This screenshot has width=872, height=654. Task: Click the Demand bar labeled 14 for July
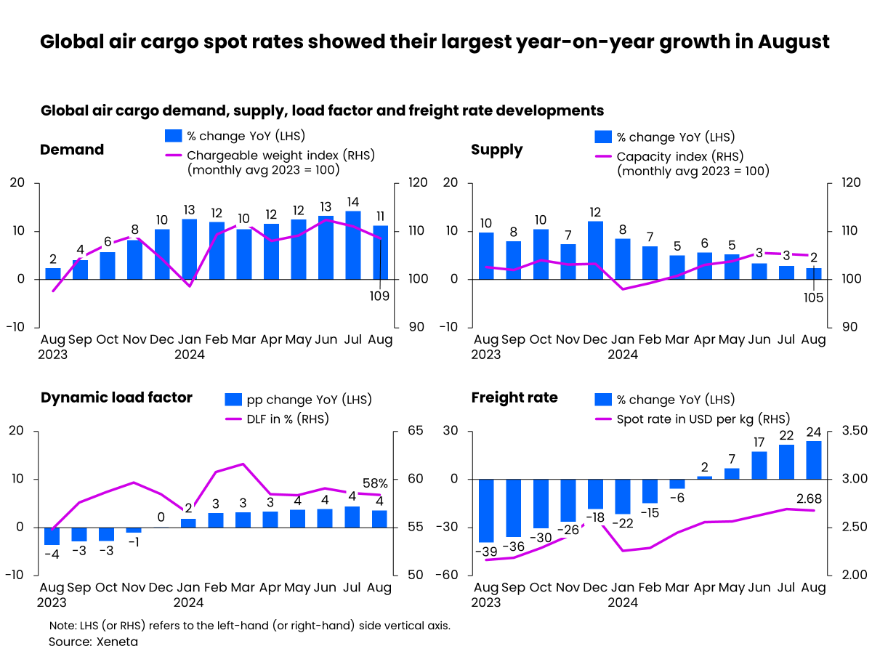point(352,245)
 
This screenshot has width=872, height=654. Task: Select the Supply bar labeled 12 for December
point(594,250)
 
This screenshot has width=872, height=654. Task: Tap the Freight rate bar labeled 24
point(813,460)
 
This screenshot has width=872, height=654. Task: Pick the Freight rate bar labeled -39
point(486,511)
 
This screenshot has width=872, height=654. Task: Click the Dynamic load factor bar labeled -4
point(52,536)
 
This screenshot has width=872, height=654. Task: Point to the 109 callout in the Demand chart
point(379,296)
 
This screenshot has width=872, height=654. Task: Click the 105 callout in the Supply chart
point(813,297)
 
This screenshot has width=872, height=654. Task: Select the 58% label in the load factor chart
point(375,483)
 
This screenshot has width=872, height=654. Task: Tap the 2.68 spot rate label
point(809,498)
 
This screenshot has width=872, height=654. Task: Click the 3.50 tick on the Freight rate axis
point(854,430)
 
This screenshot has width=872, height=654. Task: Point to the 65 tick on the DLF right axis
point(415,430)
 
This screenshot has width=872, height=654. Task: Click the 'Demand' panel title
point(72,150)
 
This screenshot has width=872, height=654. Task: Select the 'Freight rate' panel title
point(514,397)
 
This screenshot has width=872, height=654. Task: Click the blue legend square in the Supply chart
point(602,137)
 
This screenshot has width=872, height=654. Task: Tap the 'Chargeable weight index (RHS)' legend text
point(281,156)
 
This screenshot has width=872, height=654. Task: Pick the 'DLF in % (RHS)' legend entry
point(277,419)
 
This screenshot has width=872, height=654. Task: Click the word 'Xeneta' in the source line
point(117,642)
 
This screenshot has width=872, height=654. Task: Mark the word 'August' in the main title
point(794,42)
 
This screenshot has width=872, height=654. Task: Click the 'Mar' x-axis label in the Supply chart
point(677,339)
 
